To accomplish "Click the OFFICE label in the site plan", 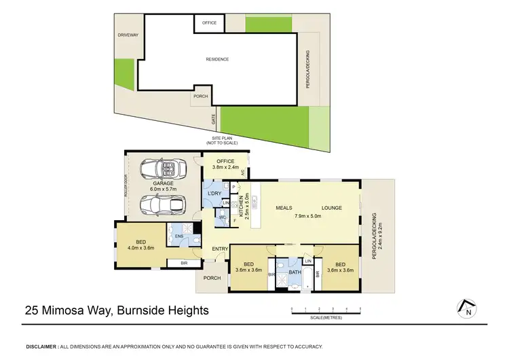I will (x=210, y=23).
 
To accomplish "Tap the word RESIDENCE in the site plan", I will (x=217, y=59).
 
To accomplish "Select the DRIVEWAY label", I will (x=127, y=35).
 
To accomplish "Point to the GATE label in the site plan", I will (x=212, y=118).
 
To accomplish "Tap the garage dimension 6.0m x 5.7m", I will (x=163, y=190).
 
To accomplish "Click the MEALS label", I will (x=284, y=208).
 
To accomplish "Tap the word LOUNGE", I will (x=331, y=208).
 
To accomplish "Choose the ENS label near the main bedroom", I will (x=179, y=236).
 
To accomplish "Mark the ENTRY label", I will (x=220, y=249).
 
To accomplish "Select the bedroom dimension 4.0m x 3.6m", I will (x=140, y=248).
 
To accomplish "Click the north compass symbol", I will (x=467, y=308).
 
